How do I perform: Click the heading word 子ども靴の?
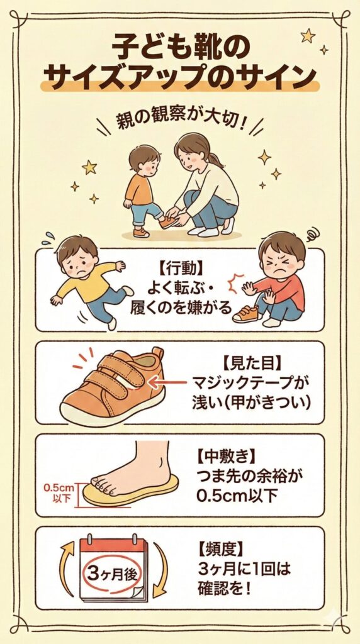click(x=179, y=48)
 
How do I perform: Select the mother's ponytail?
click(x=215, y=158)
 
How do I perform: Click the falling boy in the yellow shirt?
click(x=88, y=279)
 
